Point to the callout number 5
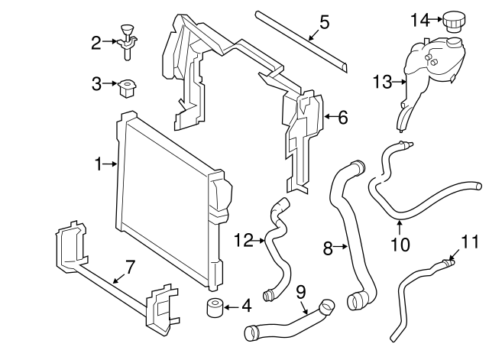coord(324,22)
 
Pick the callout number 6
coord(342,117)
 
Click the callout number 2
coord(96,43)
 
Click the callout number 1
coord(99,163)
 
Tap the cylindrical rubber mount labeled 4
coord(212,308)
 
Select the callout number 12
coord(244,240)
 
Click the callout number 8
coord(328,247)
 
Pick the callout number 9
coord(300,291)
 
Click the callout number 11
coord(469,243)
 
